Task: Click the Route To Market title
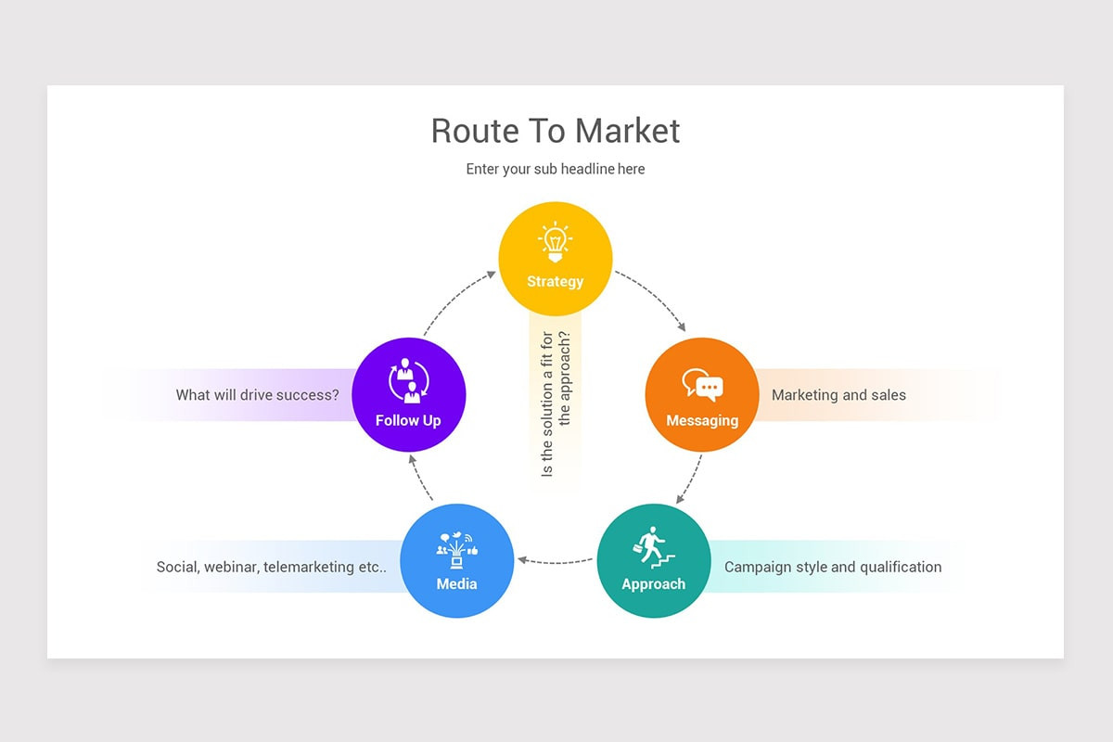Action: pyautogui.click(x=556, y=131)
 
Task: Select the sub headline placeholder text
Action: pyautogui.click(x=556, y=169)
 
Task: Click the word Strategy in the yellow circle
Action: pyautogui.click(x=555, y=281)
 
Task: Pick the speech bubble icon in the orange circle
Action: pyautogui.click(x=702, y=385)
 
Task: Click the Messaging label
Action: pyautogui.click(x=702, y=420)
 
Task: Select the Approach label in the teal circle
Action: pyautogui.click(x=653, y=584)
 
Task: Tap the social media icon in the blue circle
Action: pyautogui.click(x=456, y=550)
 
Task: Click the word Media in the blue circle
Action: pyautogui.click(x=456, y=583)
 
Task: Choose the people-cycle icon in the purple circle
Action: pyautogui.click(x=408, y=381)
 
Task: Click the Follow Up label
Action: pyautogui.click(x=408, y=420)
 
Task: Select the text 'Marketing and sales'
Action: pyautogui.click(x=838, y=395)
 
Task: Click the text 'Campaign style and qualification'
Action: pyautogui.click(x=832, y=567)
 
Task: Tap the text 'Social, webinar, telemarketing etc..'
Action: pyautogui.click(x=271, y=567)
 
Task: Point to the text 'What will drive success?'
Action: pyautogui.click(x=257, y=395)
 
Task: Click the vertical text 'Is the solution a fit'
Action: pyautogui.click(x=547, y=403)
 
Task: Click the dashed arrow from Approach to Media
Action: pyautogui.click(x=556, y=561)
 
